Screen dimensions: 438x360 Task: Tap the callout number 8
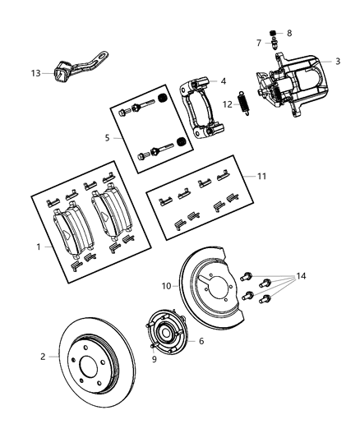click(x=288, y=33)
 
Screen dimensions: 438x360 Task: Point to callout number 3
click(x=337, y=62)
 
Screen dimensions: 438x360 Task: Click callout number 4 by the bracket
click(x=222, y=81)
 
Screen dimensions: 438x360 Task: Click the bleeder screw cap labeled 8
click(x=278, y=33)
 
